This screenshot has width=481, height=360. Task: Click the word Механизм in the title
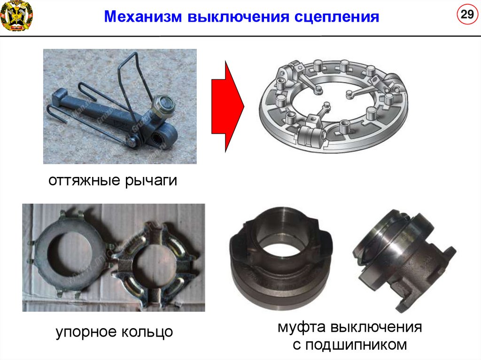(143, 16)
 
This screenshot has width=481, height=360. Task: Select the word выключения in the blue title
(238, 16)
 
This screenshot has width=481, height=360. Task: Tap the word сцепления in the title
(337, 17)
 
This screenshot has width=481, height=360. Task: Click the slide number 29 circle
(467, 14)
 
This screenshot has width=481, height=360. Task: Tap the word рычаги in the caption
(151, 181)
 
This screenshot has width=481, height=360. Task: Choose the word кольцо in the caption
(147, 332)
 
